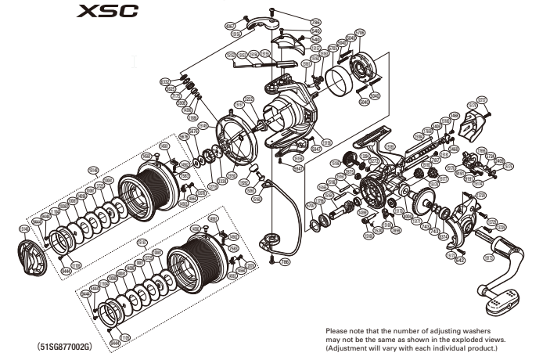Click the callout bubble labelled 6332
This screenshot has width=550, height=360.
point(164,81)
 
